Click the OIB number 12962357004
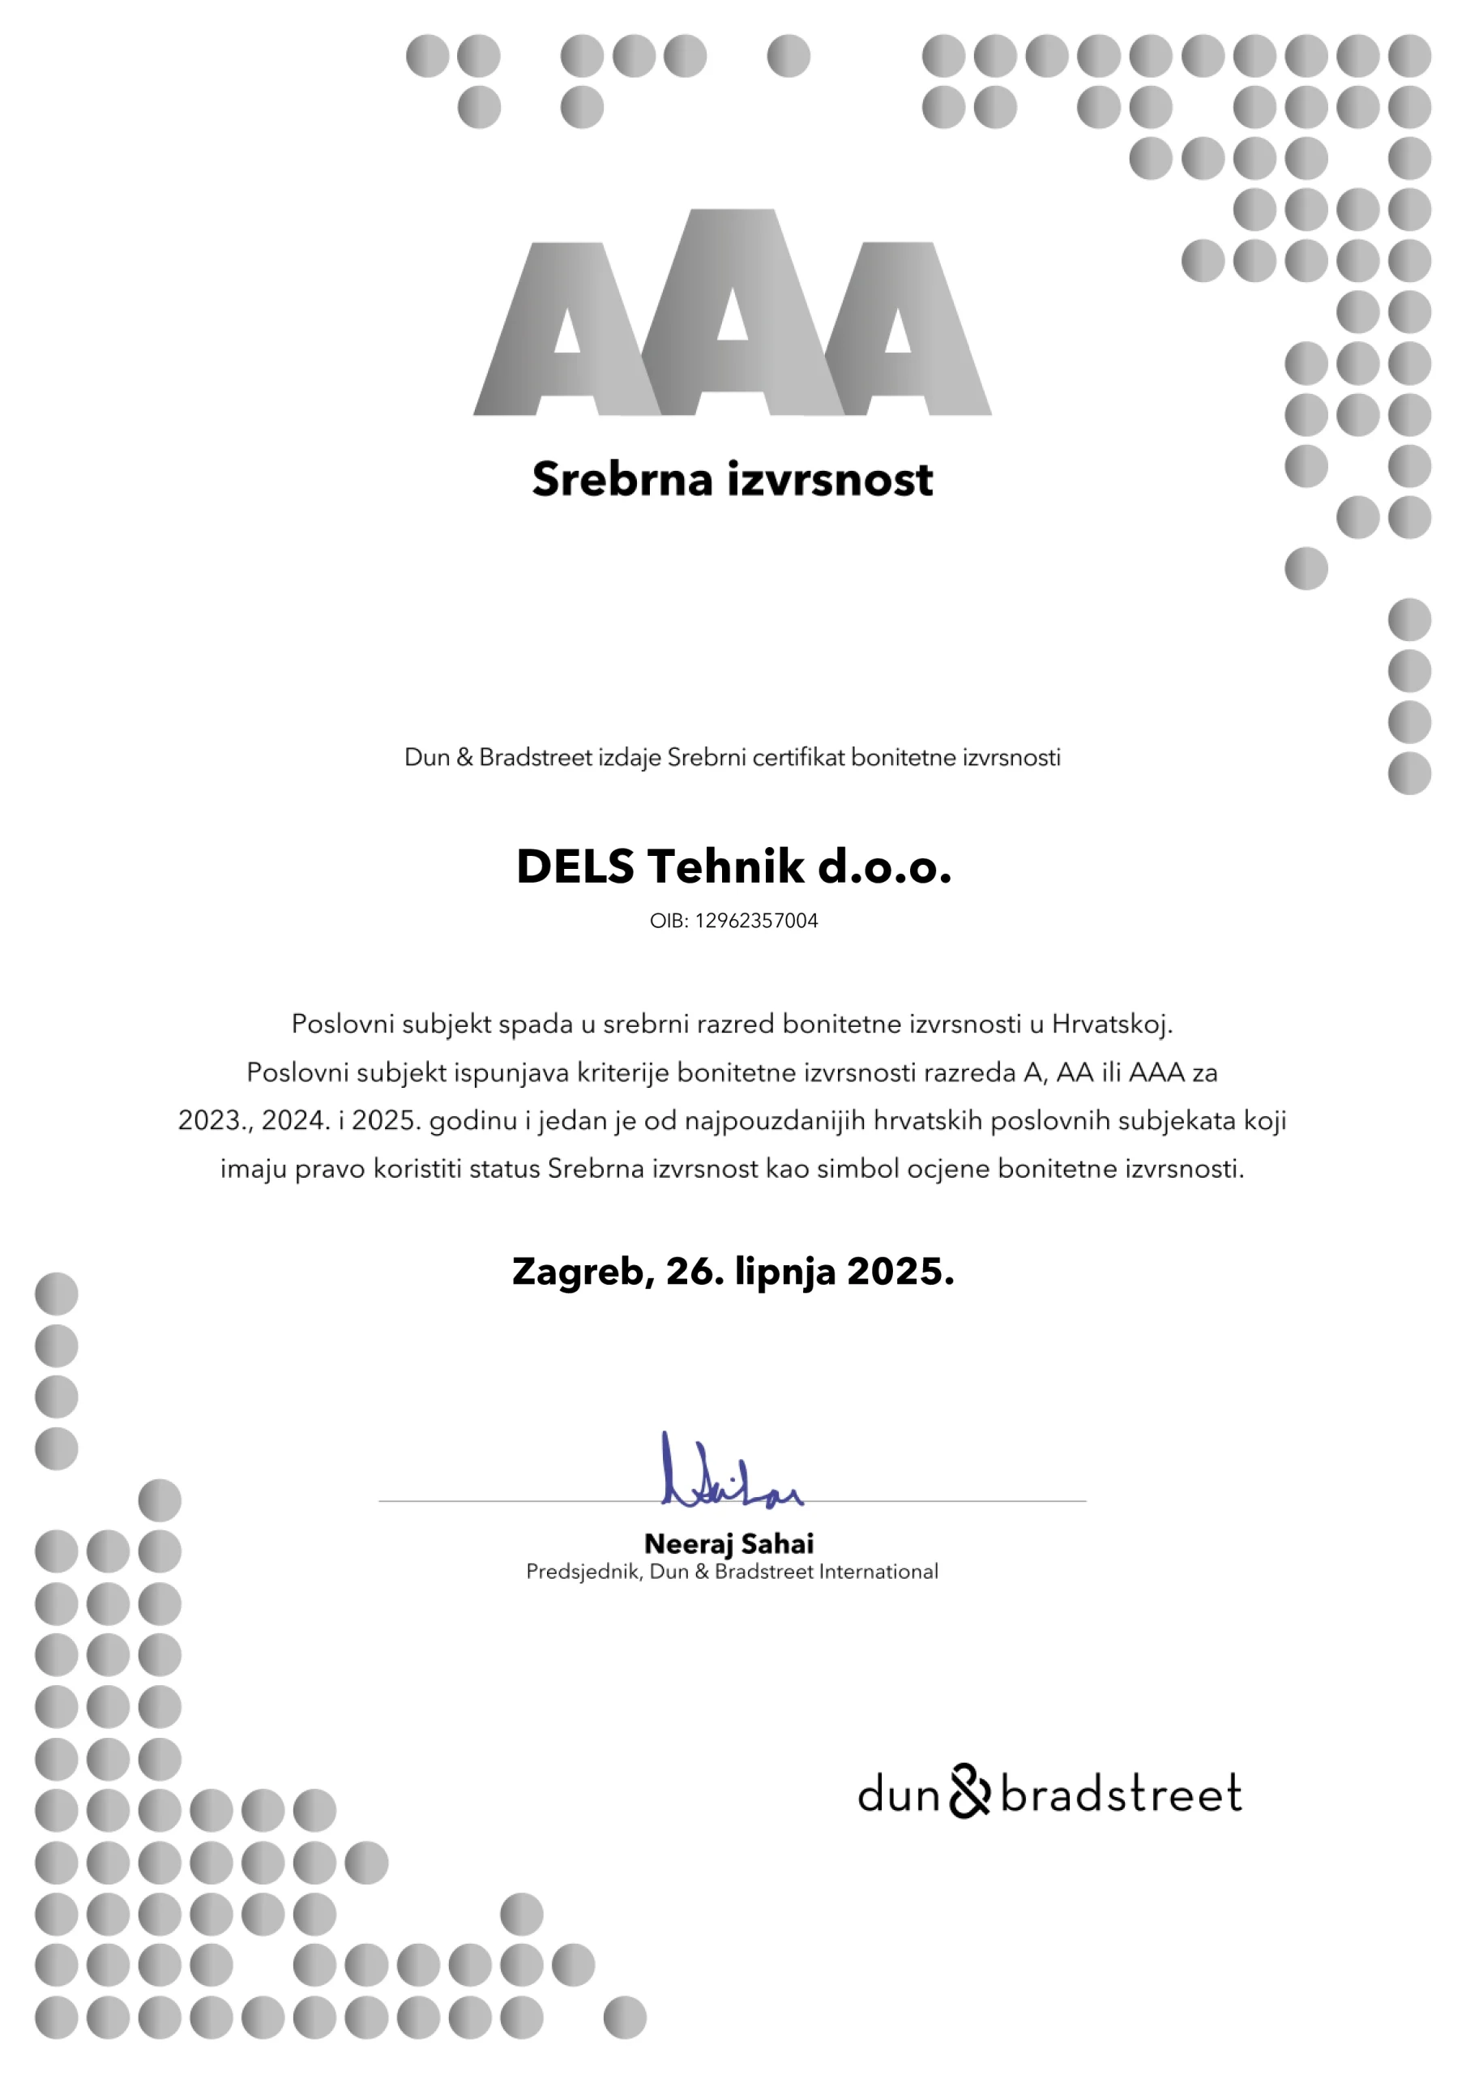[756, 921]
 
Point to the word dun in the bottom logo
[900, 1794]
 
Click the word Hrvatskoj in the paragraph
[1112, 1024]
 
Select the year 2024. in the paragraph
[296, 1121]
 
